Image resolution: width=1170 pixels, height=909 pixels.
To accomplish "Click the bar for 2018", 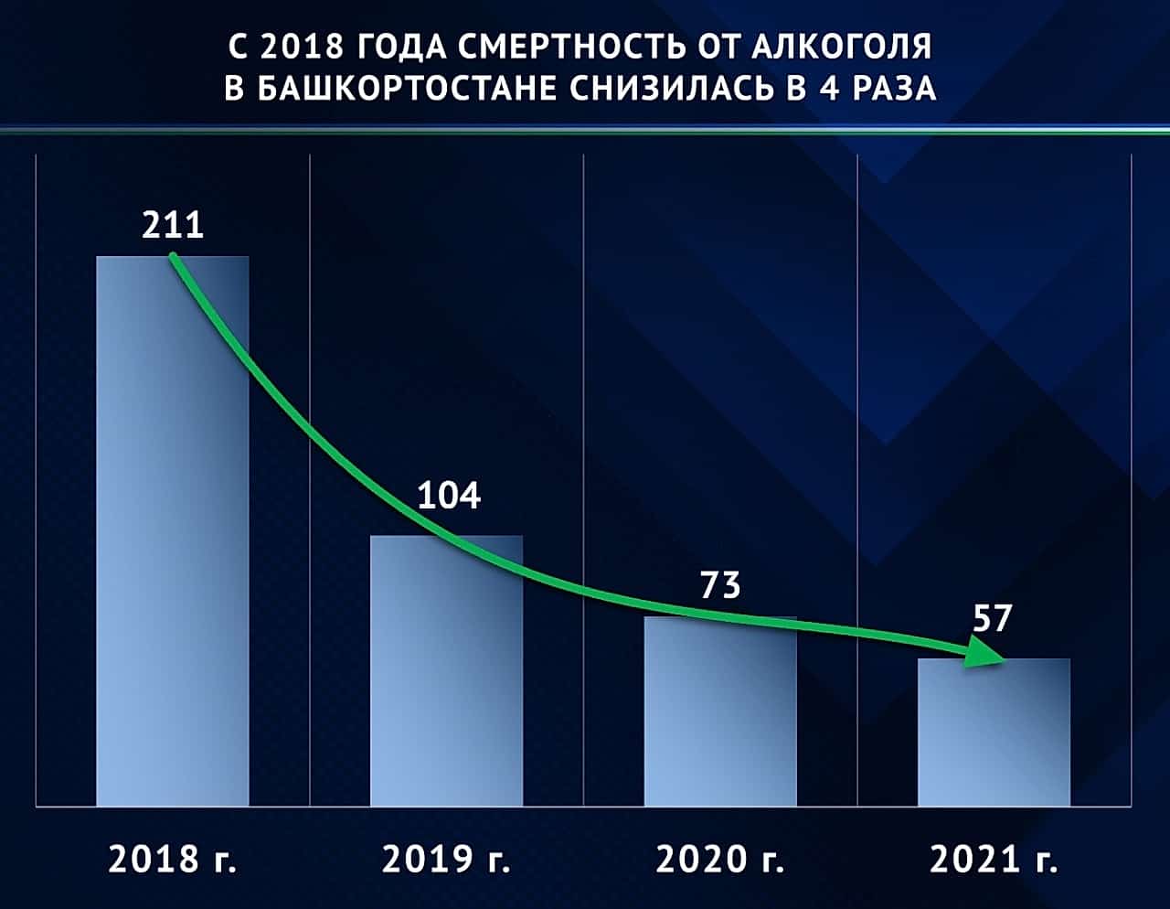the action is click(x=172, y=531).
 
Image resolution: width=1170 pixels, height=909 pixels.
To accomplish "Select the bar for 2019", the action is click(x=446, y=670).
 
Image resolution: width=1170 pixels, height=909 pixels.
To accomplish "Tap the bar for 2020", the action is click(x=720, y=711).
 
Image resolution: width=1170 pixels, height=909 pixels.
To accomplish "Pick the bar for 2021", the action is click(x=994, y=732).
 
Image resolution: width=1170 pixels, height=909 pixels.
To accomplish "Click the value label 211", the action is click(x=173, y=225).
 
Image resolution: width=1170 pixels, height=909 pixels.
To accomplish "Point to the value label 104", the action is click(x=449, y=496).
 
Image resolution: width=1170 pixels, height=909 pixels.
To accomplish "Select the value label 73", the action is click(x=720, y=585).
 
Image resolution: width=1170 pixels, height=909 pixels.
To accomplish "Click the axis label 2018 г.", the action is click(x=172, y=859).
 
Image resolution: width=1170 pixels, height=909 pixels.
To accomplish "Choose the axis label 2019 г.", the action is click(x=446, y=859).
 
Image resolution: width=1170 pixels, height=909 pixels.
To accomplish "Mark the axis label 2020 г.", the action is click(x=720, y=859).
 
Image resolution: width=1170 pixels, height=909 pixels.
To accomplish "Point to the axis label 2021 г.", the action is click(x=994, y=859).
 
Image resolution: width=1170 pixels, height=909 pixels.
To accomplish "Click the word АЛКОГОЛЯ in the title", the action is click(x=842, y=47).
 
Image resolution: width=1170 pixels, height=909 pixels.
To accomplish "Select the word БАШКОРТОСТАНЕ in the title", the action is click(x=407, y=88).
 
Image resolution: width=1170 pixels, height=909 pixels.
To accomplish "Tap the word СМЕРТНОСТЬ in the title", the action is click(x=573, y=47).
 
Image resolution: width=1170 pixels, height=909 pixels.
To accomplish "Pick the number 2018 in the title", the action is click(x=302, y=47).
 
